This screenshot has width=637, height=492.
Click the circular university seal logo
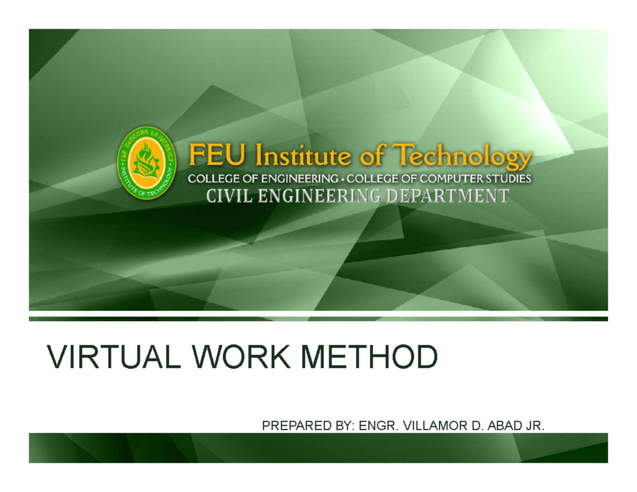[145, 164]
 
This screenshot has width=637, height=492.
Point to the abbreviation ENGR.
[378, 425]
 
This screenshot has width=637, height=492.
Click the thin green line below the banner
[318, 318]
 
